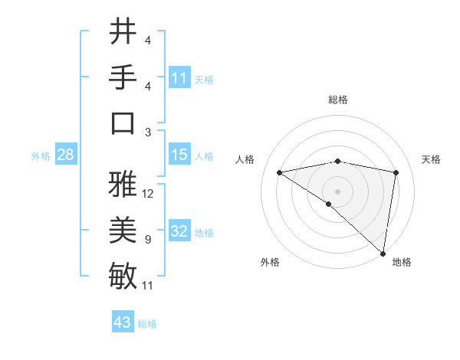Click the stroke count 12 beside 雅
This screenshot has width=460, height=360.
148,194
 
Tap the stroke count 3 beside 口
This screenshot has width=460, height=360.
148,132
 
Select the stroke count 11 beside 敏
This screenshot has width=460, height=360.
148,286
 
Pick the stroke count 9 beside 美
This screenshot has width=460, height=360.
148,240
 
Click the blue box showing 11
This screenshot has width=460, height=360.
179,78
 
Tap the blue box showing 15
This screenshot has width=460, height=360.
179,155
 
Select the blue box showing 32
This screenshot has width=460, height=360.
179,231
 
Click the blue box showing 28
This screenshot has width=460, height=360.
65,155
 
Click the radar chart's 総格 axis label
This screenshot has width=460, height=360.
337,100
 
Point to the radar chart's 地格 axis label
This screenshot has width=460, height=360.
402,262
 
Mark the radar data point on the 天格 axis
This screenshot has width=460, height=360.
396,172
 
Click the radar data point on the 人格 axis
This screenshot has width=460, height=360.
279,172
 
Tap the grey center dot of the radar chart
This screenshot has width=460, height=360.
337,191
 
